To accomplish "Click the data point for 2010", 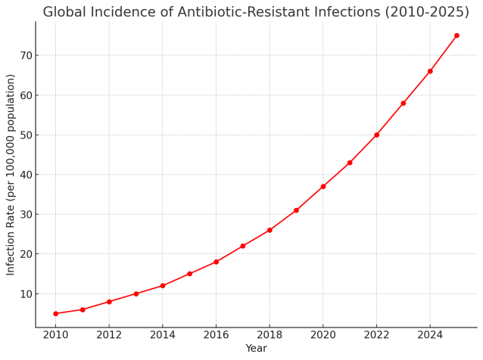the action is pos(56,314).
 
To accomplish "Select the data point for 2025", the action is pos(457,36).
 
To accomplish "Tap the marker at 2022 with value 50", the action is pos(376,135).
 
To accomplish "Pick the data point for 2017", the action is pos(243,246).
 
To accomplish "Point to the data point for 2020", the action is pos(323,187).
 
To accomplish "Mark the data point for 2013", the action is pos(136,294).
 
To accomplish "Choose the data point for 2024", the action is pos(430,71).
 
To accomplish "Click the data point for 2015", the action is pos(189,274).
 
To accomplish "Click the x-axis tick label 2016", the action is pos(216,335).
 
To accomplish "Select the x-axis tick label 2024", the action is pos(430,335).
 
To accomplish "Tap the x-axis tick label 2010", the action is pos(56,335).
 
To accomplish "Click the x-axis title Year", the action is pos(256,349).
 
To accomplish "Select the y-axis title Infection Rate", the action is pos(10,241).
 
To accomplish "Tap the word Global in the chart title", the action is pos(64,12).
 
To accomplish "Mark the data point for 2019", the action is pos(296,210).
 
